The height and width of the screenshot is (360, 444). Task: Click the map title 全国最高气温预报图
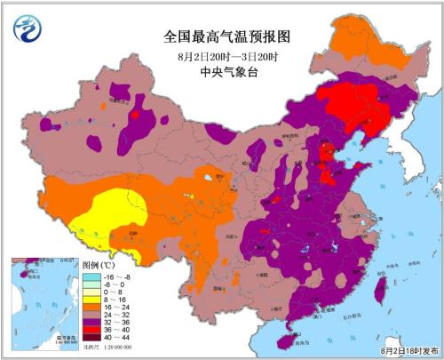[227, 36]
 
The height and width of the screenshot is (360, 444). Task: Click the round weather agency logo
[29, 30]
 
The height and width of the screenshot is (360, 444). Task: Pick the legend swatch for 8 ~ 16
[91, 301]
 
